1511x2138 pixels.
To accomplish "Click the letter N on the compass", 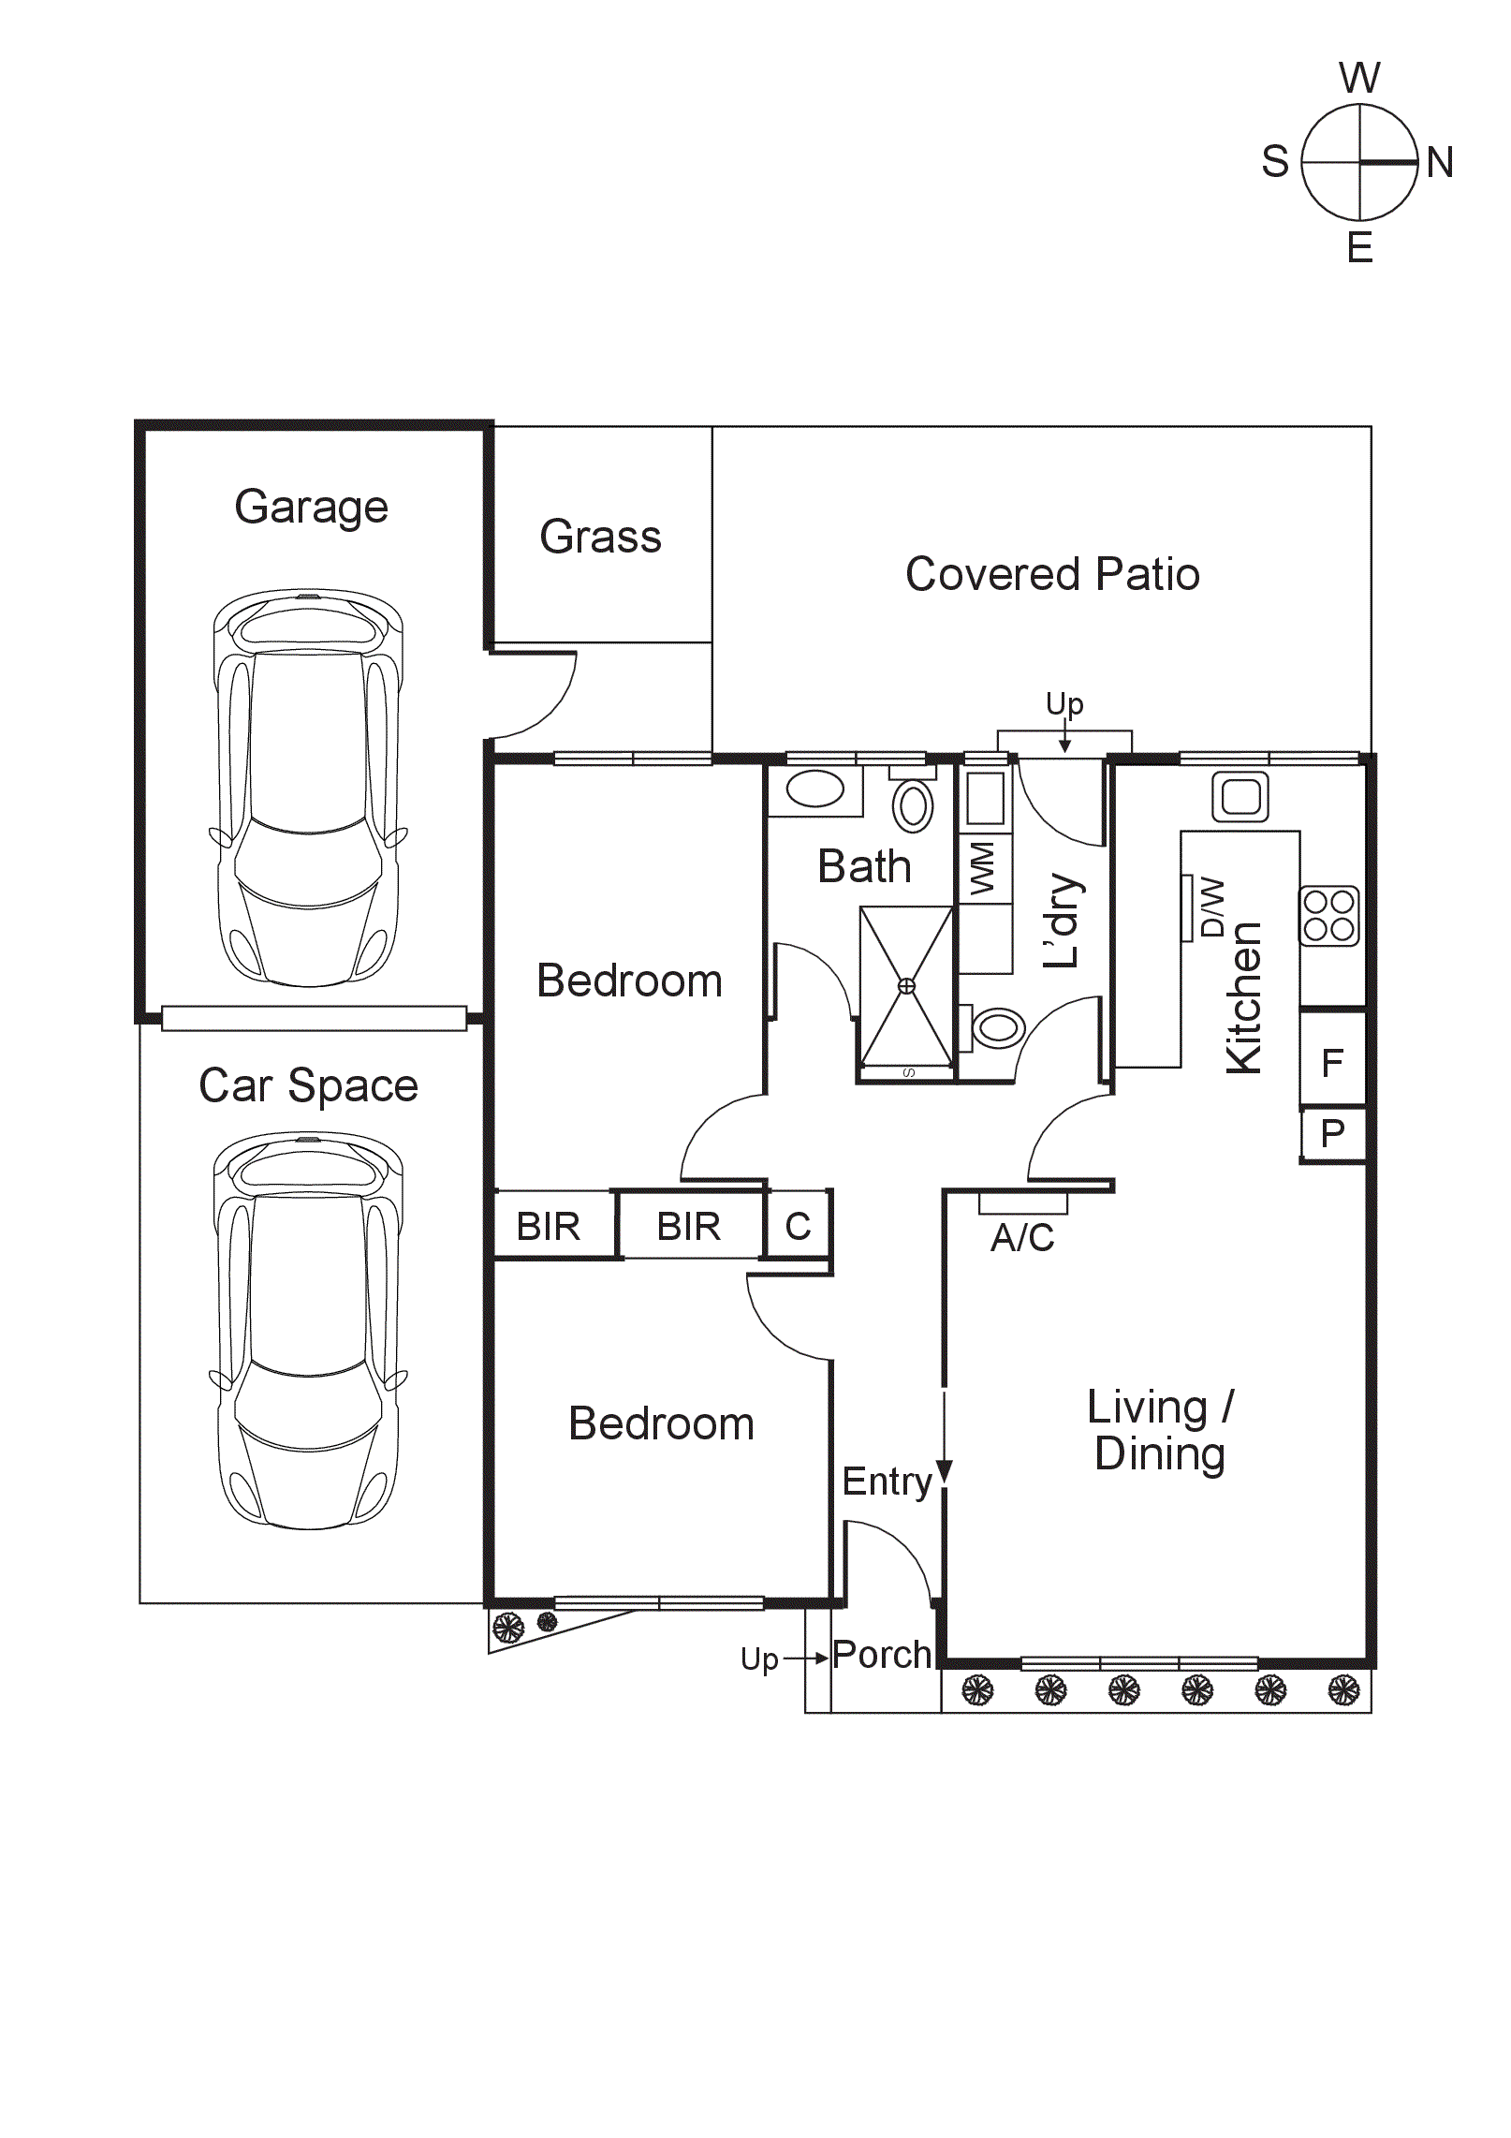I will (1440, 162).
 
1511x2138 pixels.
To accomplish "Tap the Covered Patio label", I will (1052, 574).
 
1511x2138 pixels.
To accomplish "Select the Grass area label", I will (600, 537).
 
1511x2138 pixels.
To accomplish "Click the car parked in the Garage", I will (308, 787).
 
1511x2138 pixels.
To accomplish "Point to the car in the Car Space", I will (308, 1330).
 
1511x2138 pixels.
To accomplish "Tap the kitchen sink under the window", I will (1240, 797).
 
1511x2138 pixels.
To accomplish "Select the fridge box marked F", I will (1332, 1062).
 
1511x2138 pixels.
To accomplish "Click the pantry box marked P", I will (1332, 1134).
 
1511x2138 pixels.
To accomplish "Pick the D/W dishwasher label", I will (1212, 907).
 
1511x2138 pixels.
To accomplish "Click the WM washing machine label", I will (983, 868).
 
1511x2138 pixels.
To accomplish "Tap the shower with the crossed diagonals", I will (906, 986).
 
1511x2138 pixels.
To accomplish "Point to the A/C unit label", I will (1022, 1237).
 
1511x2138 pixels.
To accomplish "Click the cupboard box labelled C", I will (798, 1226).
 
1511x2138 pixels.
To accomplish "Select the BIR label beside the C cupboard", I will (688, 1226).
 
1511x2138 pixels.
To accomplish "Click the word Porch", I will (882, 1655).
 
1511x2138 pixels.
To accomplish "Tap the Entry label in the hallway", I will (887, 1482).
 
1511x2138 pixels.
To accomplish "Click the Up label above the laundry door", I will (1064, 702).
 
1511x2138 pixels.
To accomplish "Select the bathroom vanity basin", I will (814, 789).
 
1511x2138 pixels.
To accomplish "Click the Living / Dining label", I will (1160, 1430).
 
